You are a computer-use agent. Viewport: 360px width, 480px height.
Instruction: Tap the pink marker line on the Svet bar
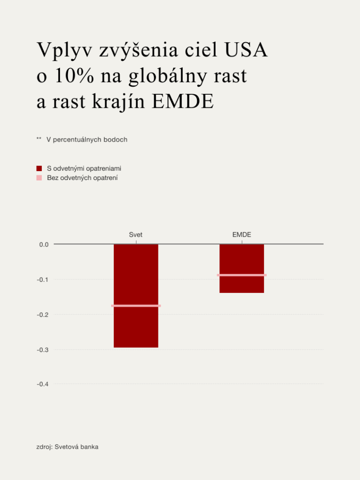pyautogui.click(x=136, y=306)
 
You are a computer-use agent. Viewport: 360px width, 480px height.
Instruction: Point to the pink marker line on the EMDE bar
pyautogui.click(x=242, y=275)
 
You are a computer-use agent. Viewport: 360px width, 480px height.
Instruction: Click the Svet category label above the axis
pyautogui.click(x=136, y=234)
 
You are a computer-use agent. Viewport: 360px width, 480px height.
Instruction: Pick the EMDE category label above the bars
pyautogui.click(x=242, y=234)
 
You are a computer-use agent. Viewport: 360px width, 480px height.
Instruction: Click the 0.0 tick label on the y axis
pyautogui.click(x=44, y=244)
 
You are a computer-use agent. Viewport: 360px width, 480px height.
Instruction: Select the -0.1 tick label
pyautogui.click(x=43, y=279)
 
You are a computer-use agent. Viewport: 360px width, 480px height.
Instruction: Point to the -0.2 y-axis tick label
pyautogui.click(x=43, y=315)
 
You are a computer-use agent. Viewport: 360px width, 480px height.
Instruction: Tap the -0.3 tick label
pyautogui.click(x=43, y=350)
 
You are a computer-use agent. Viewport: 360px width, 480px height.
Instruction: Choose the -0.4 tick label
pyautogui.click(x=43, y=384)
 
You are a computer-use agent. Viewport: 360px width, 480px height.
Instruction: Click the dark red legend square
pyautogui.click(x=39, y=168)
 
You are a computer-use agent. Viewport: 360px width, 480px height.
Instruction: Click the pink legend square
pyautogui.click(x=39, y=178)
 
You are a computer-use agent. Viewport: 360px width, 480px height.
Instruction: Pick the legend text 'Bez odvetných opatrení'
pyautogui.click(x=82, y=178)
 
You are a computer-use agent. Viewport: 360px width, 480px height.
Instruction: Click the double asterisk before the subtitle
pyautogui.click(x=39, y=139)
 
